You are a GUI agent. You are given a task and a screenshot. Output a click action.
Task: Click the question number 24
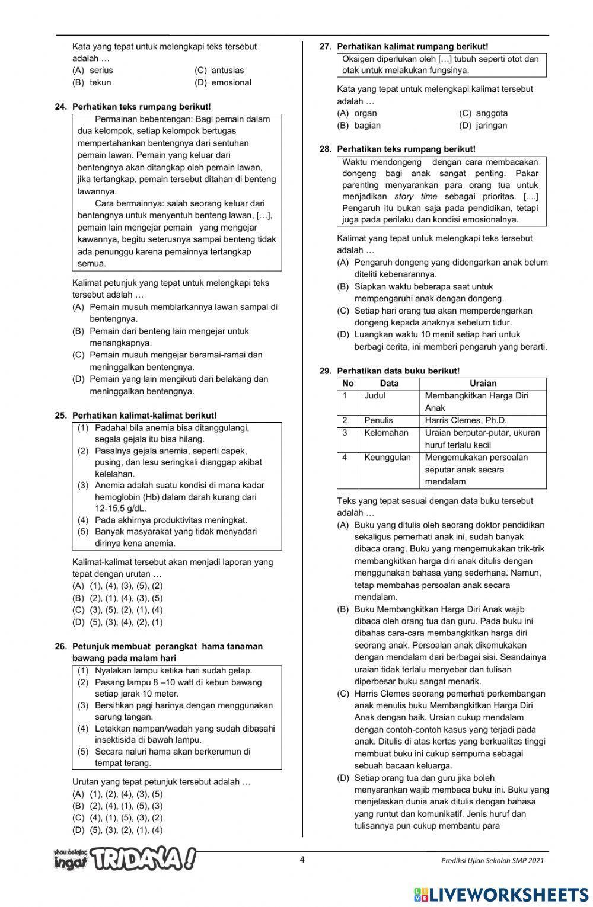point(60,107)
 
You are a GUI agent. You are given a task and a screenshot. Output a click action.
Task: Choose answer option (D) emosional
point(222,82)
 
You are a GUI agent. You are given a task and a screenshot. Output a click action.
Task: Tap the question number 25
point(60,416)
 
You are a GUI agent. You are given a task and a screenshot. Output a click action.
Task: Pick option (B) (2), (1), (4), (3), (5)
point(117,598)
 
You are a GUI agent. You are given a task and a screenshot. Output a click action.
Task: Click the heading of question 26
point(167,652)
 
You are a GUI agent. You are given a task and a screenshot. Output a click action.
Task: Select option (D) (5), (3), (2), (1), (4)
point(117,830)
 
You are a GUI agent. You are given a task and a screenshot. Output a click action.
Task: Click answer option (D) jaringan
point(483,125)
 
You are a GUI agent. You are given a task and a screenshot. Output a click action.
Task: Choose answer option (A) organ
point(357,113)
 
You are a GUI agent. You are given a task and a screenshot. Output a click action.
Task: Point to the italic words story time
point(416,196)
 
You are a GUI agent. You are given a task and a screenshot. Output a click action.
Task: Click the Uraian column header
point(483,384)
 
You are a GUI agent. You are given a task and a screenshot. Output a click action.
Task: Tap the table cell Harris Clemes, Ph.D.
point(466,420)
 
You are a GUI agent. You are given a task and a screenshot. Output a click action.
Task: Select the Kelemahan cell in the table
point(386,433)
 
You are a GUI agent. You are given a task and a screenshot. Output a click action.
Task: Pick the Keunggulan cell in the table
point(387,458)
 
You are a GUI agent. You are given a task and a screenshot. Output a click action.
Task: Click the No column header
point(348,384)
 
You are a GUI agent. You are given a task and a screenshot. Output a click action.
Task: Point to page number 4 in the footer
point(302,860)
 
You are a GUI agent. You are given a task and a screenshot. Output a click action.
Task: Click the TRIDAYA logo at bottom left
point(125,858)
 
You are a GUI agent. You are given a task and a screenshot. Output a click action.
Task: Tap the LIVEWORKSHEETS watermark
point(501,895)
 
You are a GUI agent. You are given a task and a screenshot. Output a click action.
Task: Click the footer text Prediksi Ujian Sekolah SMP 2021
point(492,861)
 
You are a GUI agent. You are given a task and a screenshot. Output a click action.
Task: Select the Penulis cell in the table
point(378,420)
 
